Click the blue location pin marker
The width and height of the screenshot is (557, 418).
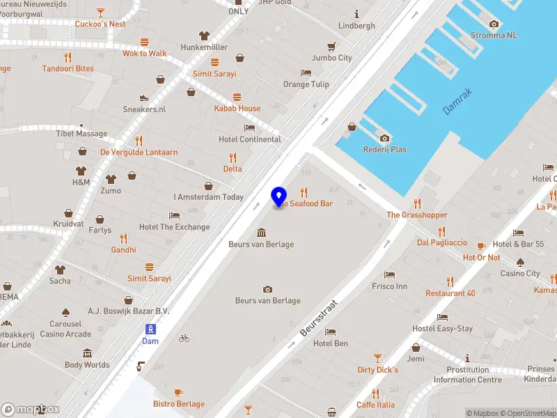pyautogui.click(x=279, y=196)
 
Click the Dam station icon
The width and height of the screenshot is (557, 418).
pyautogui.click(x=150, y=329)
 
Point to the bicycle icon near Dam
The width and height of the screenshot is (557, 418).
pyautogui.click(x=184, y=338)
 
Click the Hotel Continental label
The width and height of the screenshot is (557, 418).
pyautogui.click(x=250, y=139)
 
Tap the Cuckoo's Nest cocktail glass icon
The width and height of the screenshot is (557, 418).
pyautogui.click(x=101, y=12)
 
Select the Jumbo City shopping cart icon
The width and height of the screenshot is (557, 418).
pyautogui.click(x=332, y=46)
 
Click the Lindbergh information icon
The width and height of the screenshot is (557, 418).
pyautogui.click(x=356, y=14)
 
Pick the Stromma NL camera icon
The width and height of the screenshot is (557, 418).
pyautogui.click(x=494, y=24)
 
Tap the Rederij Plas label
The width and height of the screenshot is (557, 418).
pyautogui.click(x=384, y=150)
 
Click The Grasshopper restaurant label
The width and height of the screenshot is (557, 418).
pyautogui.click(x=417, y=215)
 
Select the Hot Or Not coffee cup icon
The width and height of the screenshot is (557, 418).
pyautogui.click(x=481, y=246)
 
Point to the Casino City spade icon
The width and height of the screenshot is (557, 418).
pyautogui.click(x=521, y=262)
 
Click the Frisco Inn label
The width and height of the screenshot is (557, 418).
pyautogui.click(x=389, y=286)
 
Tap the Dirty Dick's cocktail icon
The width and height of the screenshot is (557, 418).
pyautogui.click(x=377, y=358)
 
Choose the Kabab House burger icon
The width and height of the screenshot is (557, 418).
pyautogui.click(x=237, y=97)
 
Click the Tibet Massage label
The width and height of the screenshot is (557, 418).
pyautogui.click(x=82, y=134)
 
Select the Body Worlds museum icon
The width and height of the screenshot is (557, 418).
pyautogui.click(x=87, y=353)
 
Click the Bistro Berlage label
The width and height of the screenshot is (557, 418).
pyautogui.click(x=179, y=404)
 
